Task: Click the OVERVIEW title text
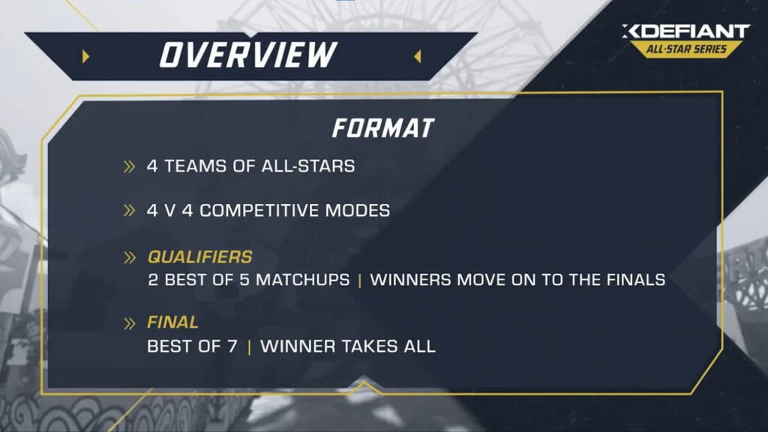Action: pyautogui.click(x=247, y=54)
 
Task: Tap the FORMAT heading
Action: pyautogui.click(x=382, y=128)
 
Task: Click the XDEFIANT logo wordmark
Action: pyautogui.click(x=685, y=31)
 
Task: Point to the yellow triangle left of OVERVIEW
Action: pyautogui.click(x=86, y=56)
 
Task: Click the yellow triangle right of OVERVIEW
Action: pyautogui.click(x=418, y=56)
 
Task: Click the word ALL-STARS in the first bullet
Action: pyautogui.click(x=308, y=166)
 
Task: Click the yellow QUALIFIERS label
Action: pyautogui.click(x=199, y=257)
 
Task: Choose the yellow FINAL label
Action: pyautogui.click(x=173, y=322)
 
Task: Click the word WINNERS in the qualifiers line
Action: pyautogui.click(x=406, y=280)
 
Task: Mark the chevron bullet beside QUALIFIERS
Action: pyautogui.click(x=130, y=258)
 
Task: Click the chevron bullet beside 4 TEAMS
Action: pyautogui.click(x=130, y=166)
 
